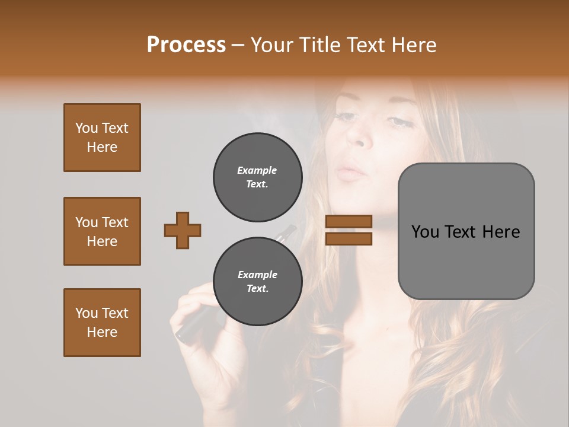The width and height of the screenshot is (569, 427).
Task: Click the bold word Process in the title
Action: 186,45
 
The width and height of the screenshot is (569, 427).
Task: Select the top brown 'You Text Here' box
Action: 102,138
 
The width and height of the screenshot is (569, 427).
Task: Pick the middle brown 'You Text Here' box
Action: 102,231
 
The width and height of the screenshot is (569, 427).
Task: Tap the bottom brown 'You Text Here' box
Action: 102,323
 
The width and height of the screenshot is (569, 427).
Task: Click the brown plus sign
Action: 183,230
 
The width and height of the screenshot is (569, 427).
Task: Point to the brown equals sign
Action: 349,230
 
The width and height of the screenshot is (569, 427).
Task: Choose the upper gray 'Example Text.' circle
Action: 258,177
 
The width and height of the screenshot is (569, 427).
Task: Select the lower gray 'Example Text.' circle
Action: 258,282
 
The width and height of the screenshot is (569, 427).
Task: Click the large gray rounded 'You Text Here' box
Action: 466,231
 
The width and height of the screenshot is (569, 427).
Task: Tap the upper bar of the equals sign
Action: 349,222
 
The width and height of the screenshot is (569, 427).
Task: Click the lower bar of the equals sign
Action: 349,238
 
